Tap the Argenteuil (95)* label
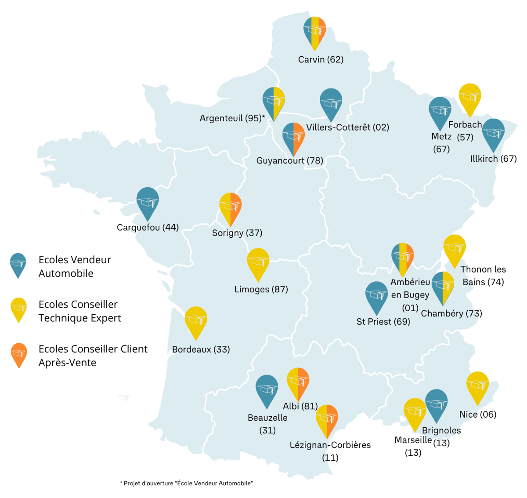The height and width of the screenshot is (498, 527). (232, 118)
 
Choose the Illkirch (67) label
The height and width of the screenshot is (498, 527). (493, 159)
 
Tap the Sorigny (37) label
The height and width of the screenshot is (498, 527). (237, 233)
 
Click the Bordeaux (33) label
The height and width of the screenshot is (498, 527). (201, 349)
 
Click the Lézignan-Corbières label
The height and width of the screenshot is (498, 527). (330, 445)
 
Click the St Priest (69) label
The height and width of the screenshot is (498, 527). (383, 322)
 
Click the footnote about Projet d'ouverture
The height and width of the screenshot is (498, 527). (186, 483)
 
